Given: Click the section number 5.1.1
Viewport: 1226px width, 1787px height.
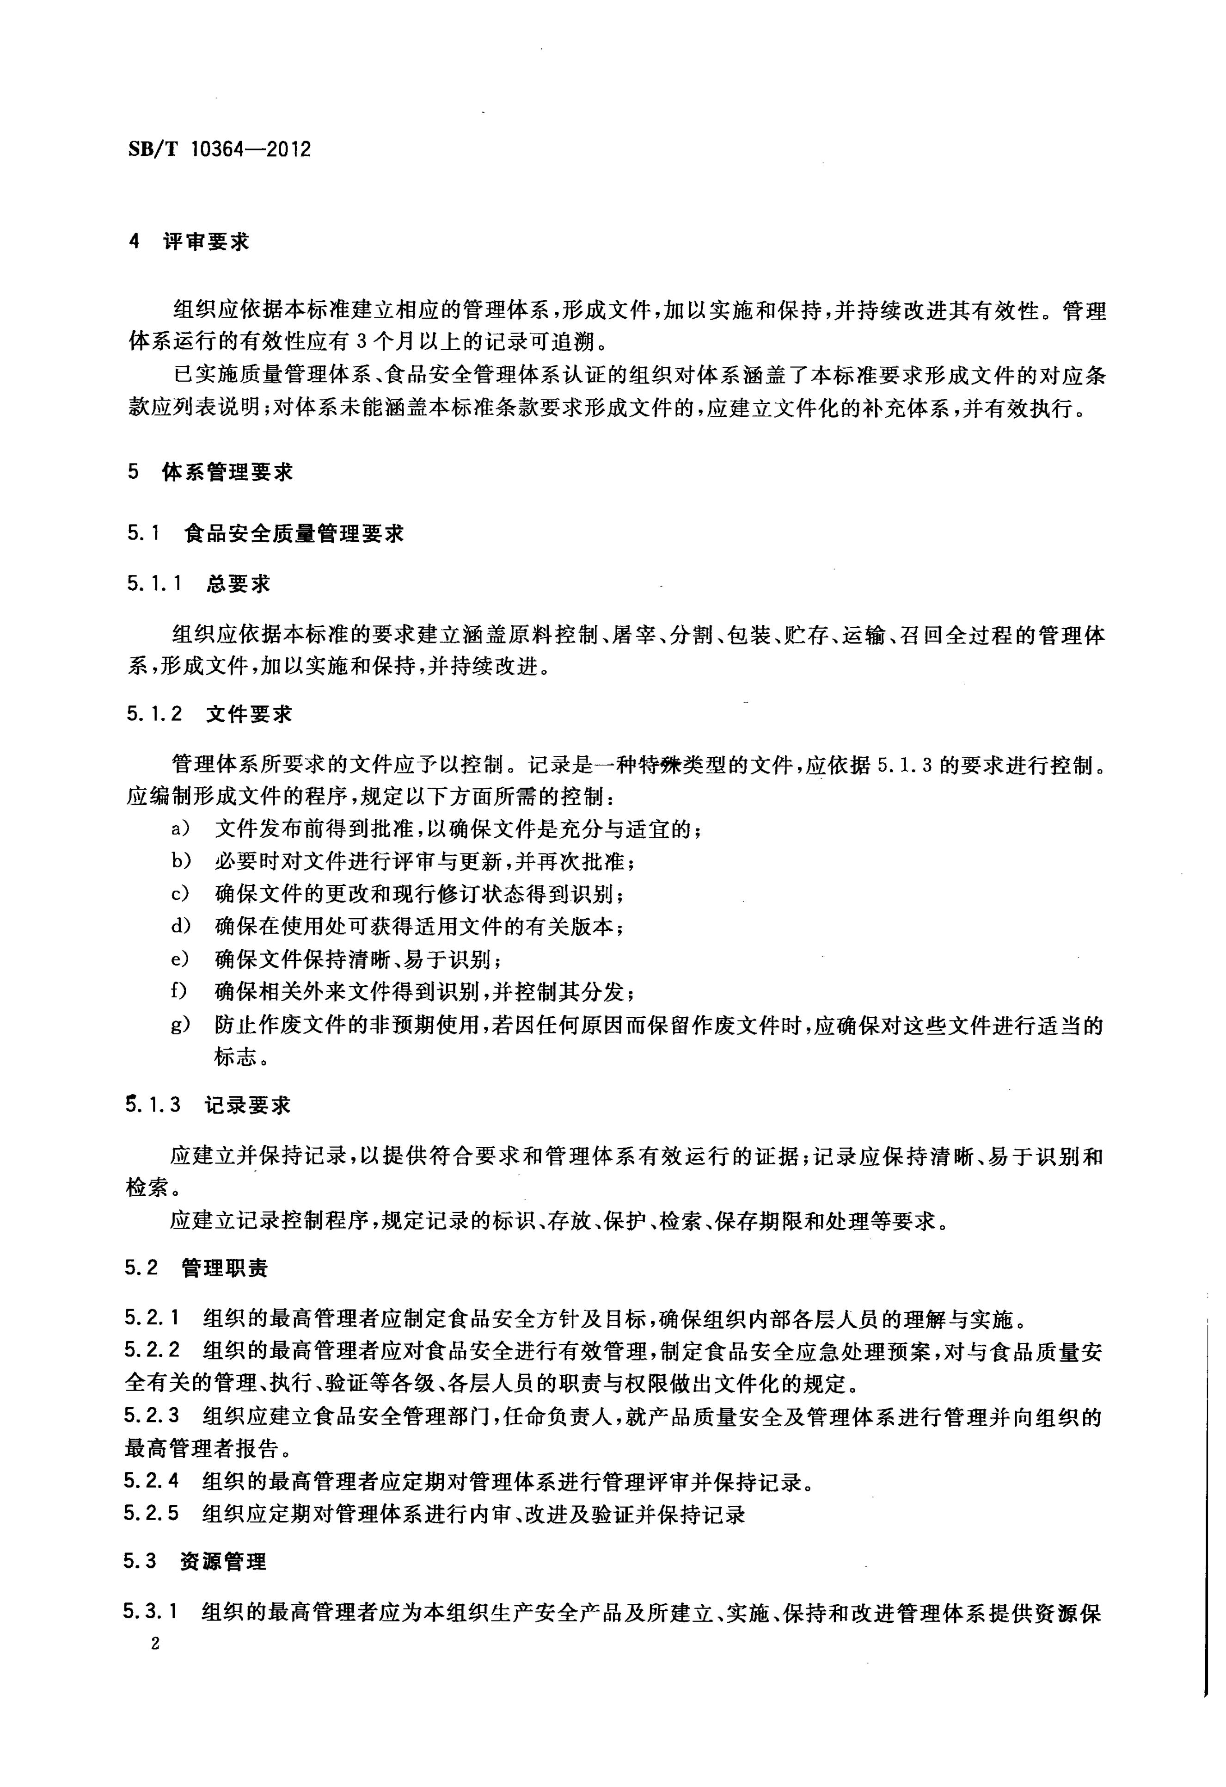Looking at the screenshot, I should pos(154,584).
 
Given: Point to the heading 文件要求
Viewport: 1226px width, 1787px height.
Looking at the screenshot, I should pos(249,714).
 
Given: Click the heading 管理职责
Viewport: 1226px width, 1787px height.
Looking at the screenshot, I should pos(225,1268).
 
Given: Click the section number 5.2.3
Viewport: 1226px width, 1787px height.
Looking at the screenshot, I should pos(152,1416).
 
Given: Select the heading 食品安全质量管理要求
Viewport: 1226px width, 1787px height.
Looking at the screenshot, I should pos(294,534).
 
